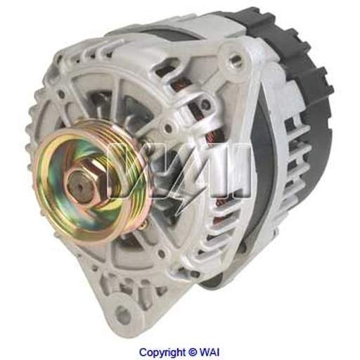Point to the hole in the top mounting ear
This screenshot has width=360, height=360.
[x=233, y=59]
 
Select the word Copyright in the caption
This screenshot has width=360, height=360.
[x=162, y=352]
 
